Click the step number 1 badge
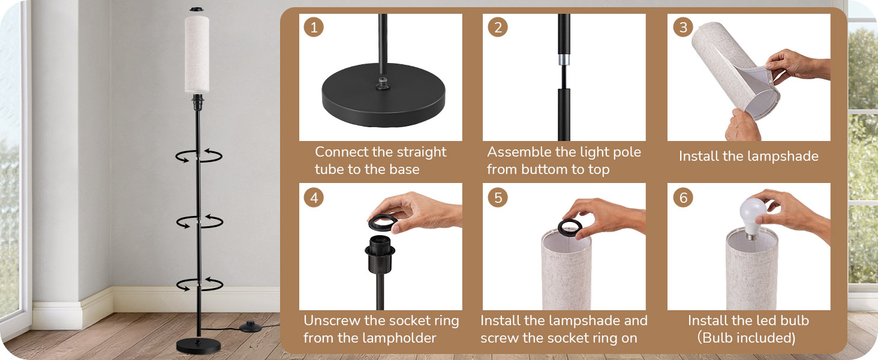coord(313,28)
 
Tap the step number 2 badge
coord(497,28)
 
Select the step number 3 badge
coord(682,28)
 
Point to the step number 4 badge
coord(313,197)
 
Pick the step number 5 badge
coord(497,197)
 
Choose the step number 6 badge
coord(682,197)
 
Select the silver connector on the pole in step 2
coord(564,60)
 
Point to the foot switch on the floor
coord(251,327)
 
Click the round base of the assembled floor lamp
coord(197,346)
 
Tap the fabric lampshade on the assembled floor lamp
coord(197,54)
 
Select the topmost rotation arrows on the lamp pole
coord(199,156)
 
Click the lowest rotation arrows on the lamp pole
coord(199,284)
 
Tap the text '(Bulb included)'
coord(747,338)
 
